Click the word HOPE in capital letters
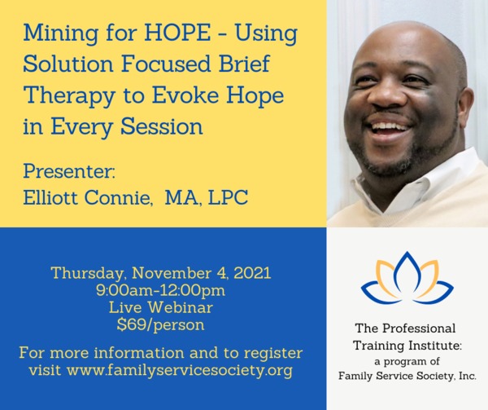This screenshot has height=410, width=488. pyautogui.click(x=177, y=33)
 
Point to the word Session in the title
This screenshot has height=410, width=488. pyautogui.click(x=162, y=126)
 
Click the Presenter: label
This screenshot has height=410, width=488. pyautogui.click(x=69, y=171)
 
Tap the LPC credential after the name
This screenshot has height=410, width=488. pyautogui.click(x=228, y=197)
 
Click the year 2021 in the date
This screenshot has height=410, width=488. pyautogui.click(x=252, y=273)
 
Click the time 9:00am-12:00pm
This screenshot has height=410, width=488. pyautogui.click(x=160, y=291)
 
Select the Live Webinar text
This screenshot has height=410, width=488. pyautogui.click(x=161, y=307)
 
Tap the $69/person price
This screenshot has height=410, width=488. pyautogui.click(x=160, y=325)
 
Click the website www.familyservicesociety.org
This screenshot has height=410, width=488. pyautogui.click(x=180, y=371)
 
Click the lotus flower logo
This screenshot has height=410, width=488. pyautogui.click(x=407, y=277)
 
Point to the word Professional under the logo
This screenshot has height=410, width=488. pyautogui.click(x=419, y=328)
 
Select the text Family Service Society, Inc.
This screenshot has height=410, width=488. pyautogui.click(x=407, y=376)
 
